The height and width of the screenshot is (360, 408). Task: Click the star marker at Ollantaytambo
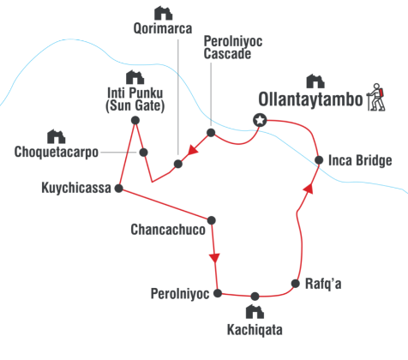pyautogui.click(x=260, y=120)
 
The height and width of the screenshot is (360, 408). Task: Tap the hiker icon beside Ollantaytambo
pyautogui.click(x=376, y=97)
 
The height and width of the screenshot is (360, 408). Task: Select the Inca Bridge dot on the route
pyautogui.click(x=319, y=160)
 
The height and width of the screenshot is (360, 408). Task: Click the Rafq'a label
pyautogui.click(x=323, y=284)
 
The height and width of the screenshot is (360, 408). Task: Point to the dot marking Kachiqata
pyautogui.click(x=255, y=297)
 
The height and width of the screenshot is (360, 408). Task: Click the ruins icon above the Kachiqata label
pyautogui.click(x=255, y=311)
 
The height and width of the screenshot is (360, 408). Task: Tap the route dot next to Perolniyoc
pyautogui.click(x=218, y=293)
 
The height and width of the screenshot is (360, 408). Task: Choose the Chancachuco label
pyautogui.click(x=168, y=230)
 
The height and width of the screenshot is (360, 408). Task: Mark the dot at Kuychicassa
pyautogui.click(x=119, y=189)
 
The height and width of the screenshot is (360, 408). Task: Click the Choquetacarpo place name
pyautogui.click(x=57, y=152)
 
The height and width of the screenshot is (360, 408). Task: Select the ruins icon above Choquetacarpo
pyautogui.click(x=57, y=136)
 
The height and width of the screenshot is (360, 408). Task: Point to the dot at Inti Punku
pyautogui.click(x=135, y=120)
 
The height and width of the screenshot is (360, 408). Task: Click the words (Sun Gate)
pyautogui.click(x=135, y=105)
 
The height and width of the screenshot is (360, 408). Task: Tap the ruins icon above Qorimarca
pyautogui.click(x=163, y=13)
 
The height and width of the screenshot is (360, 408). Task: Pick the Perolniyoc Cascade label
pyautogui.click(x=233, y=47)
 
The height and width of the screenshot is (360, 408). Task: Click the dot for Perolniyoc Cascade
pyautogui.click(x=211, y=133)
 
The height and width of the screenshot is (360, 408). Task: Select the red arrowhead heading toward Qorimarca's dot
pyautogui.click(x=193, y=150)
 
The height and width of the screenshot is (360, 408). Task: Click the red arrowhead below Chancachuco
pyautogui.click(x=214, y=258)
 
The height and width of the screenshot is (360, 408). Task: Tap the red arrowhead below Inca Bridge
pyautogui.click(x=309, y=189)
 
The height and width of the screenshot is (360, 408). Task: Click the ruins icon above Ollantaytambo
pyautogui.click(x=315, y=81)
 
